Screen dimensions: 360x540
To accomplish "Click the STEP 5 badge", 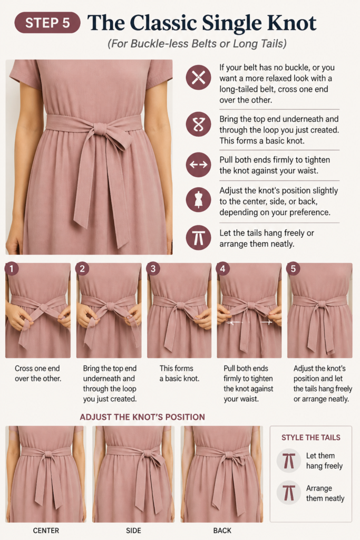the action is click(47, 23).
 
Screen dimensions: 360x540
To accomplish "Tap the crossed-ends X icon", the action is click(198, 78).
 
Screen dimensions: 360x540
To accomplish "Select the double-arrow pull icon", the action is click(198, 165).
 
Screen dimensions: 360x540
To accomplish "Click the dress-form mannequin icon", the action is click(198, 199).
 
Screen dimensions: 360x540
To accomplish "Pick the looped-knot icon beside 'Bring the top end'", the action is click(198, 124).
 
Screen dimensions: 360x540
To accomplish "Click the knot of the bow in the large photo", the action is click(101, 129).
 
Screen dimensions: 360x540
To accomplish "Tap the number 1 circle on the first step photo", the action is click(12, 268).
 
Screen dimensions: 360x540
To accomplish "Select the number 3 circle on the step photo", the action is click(153, 268).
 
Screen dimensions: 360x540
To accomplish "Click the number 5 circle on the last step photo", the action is click(293, 268).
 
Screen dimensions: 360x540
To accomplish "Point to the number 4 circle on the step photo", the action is click(222, 268).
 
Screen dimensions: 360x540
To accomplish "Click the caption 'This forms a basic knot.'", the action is click(179, 373).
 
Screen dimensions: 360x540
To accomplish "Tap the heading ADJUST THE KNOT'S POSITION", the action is click(142, 417).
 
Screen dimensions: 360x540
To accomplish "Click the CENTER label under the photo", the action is click(46, 531).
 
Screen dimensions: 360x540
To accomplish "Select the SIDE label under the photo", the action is click(133, 531).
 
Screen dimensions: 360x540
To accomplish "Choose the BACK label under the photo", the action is click(222, 531).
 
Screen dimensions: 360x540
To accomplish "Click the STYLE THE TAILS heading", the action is click(311, 437).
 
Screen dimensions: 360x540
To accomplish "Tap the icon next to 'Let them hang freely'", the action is click(289, 460).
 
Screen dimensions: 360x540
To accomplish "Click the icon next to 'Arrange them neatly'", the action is click(289, 493).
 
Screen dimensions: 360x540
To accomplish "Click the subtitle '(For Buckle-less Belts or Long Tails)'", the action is click(197, 44).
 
